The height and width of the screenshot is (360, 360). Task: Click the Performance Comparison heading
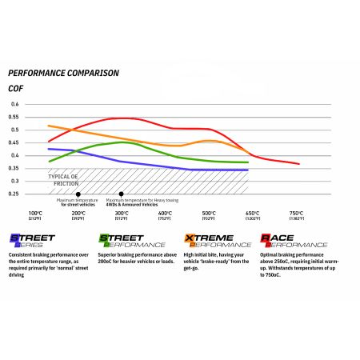pyautogui.click(x=63, y=73)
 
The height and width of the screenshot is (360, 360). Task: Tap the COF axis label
pyautogui.click(x=15, y=88)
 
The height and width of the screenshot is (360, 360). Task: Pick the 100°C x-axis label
pyautogui.click(x=35, y=214)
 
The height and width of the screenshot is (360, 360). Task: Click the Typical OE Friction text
pyautogui.click(x=66, y=179)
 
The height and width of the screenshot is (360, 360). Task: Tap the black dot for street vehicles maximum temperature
pyautogui.click(x=78, y=194)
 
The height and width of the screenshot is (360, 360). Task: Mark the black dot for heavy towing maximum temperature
pyautogui.click(x=121, y=194)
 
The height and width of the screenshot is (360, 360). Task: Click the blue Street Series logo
pyautogui.click(x=32, y=241)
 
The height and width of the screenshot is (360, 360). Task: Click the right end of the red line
pyautogui.click(x=299, y=164)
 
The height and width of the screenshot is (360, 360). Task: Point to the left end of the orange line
pyautogui.click(x=49, y=126)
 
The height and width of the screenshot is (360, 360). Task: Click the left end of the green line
pyautogui.click(x=50, y=162)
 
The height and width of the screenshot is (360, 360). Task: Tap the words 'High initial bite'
pyautogui.click(x=207, y=254)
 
